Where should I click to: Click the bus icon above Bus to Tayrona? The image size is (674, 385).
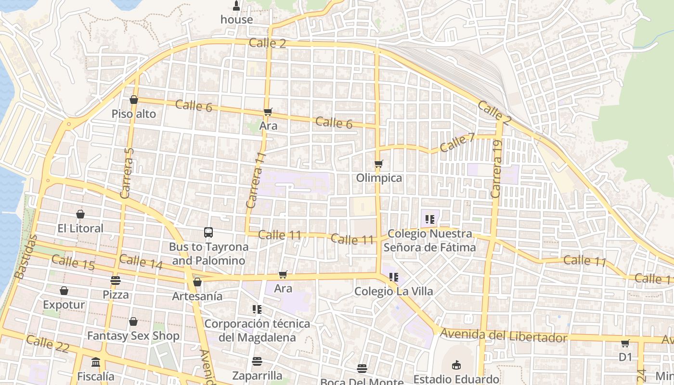pos(208,232)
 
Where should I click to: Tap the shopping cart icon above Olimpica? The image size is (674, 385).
pos(379,164)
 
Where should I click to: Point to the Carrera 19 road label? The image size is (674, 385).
pos(496,169)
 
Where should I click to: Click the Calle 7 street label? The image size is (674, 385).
pos(457,143)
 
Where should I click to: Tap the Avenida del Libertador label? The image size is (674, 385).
pos(504,335)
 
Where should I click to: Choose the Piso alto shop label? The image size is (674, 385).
pos(134,114)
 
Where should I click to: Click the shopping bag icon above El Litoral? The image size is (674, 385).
pos(80,214)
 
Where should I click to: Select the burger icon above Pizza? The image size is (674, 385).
pos(115,280)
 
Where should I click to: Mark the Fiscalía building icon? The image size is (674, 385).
pos(96,362)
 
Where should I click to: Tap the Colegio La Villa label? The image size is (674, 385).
pos(393,291)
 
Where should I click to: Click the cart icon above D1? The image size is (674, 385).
pos(625,343)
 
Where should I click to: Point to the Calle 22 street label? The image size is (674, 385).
pos(48,344)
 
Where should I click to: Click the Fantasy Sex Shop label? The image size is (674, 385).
pos(133,335)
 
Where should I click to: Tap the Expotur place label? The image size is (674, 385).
pos(64,305)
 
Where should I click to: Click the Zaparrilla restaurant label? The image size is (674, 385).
pos(257,375)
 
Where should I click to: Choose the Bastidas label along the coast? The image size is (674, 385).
pos(26,257)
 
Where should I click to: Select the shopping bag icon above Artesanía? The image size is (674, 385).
pos(197,282)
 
